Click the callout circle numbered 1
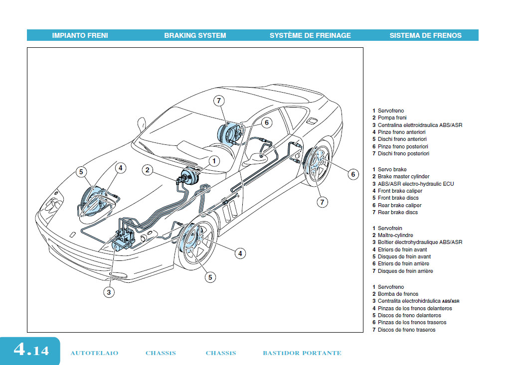(214, 160)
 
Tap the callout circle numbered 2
(147, 170)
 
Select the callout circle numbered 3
(110, 292)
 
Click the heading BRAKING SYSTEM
(195, 35)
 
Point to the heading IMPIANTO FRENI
(80, 35)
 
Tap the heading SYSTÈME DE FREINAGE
(310, 35)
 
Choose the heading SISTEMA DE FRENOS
(425, 35)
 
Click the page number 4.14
(31, 350)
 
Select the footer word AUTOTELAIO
(94, 353)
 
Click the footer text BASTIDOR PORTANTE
(302, 353)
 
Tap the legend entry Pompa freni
(392, 118)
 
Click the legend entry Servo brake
(392, 170)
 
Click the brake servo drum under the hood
(189, 177)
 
